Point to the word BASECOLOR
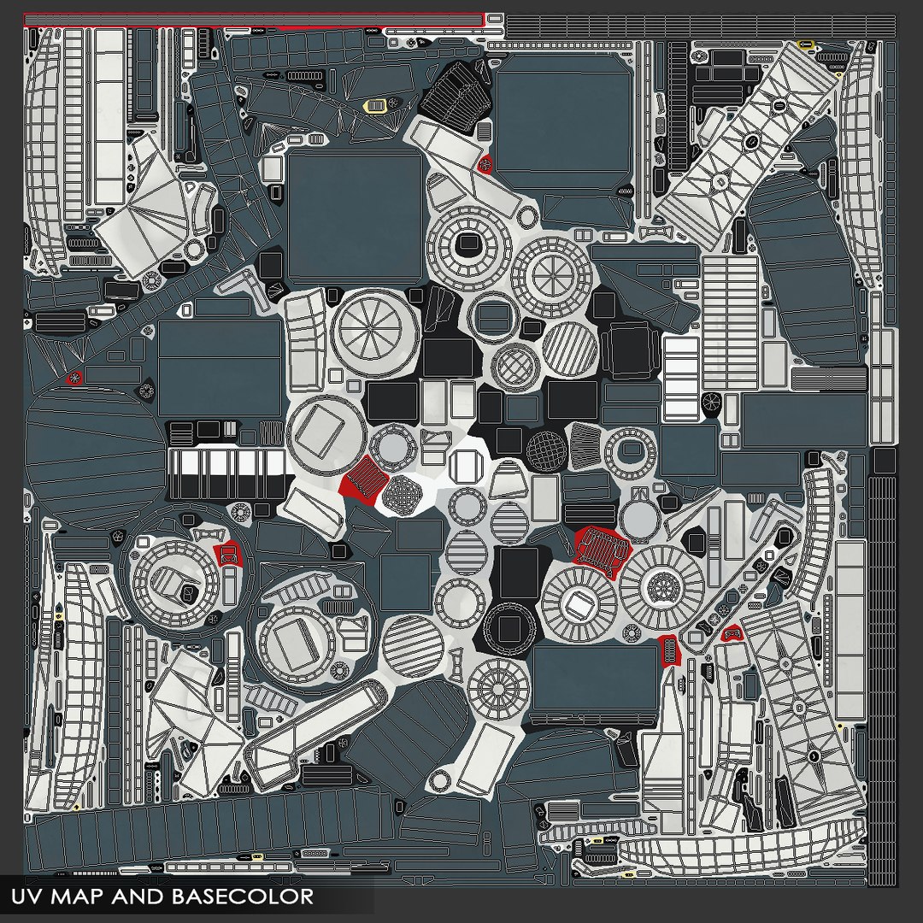[243, 896]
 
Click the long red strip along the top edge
[254, 20]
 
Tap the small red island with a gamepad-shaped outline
[731, 633]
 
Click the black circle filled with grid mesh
[547, 451]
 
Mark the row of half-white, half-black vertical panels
[230, 473]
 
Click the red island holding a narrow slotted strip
[668, 650]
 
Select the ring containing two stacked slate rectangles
[494, 317]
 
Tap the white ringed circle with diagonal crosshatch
[515, 366]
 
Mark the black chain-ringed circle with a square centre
[509, 628]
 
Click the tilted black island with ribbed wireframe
[457, 92]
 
